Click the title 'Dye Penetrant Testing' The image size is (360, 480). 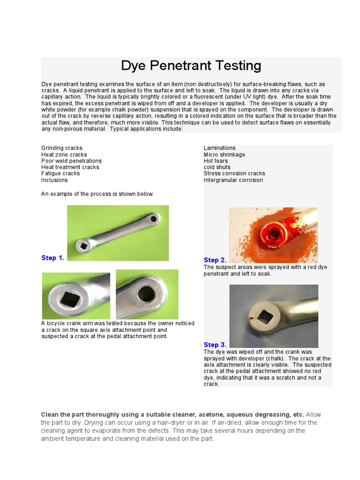tap(191, 65)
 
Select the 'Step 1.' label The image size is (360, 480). tap(52, 258)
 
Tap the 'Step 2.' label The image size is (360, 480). tap(215, 260)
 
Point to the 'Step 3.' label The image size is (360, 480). tap(215, 345)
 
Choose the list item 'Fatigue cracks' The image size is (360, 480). tap(60, 173)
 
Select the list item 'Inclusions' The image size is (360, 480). tap(54, 180)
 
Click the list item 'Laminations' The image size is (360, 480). tap(219, 148)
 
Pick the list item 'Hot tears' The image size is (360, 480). tap(216, 161)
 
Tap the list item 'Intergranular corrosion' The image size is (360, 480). tap(233, 180)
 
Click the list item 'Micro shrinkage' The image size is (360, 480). tap(224, 155)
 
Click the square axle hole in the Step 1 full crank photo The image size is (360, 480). tap(83, 245)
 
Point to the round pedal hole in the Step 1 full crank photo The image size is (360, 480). tap(153, 218)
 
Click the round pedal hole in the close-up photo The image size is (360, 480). tap(146, 294)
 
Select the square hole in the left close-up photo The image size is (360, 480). tap(71, 299)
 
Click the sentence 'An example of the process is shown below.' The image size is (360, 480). tap(97, 194)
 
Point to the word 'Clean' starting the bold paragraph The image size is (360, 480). tap(50, 415)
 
